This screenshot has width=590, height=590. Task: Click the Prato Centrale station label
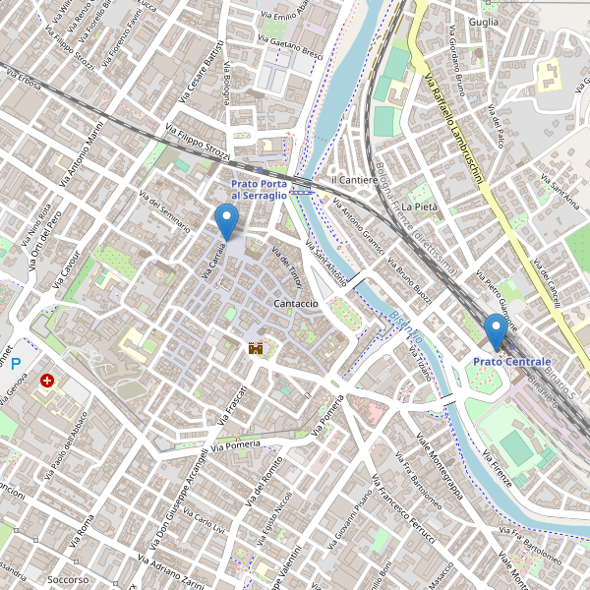[x=511, y=362]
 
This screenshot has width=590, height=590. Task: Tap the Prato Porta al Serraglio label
[x=260, y=190]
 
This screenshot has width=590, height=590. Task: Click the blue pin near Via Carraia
[x=227, y=221]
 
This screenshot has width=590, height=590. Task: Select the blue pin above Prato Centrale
[x=496, y=331]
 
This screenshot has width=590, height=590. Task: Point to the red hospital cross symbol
[x=47, y=380]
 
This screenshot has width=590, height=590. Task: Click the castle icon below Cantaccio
[x=257, y=347]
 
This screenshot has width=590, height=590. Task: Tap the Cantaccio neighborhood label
[x=296, y=304]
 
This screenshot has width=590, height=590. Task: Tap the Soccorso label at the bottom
[x=68, y=580]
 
